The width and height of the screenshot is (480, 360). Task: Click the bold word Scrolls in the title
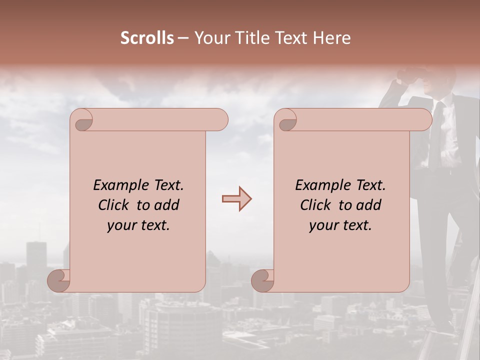tap(147, 38)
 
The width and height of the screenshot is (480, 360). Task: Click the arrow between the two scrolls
tap(236, 199)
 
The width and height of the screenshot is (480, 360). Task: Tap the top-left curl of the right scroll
tap(286, 120)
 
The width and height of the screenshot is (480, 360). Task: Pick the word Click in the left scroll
tap(113, 205)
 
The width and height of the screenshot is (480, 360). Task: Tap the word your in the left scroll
tap(120, 225)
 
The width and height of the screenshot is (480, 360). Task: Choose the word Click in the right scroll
tap(315, 205)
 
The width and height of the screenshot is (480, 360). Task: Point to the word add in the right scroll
tap(369, 205)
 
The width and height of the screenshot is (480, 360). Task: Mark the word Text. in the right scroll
tap(370, 185)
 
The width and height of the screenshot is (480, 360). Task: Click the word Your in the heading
tap(212, 38)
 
